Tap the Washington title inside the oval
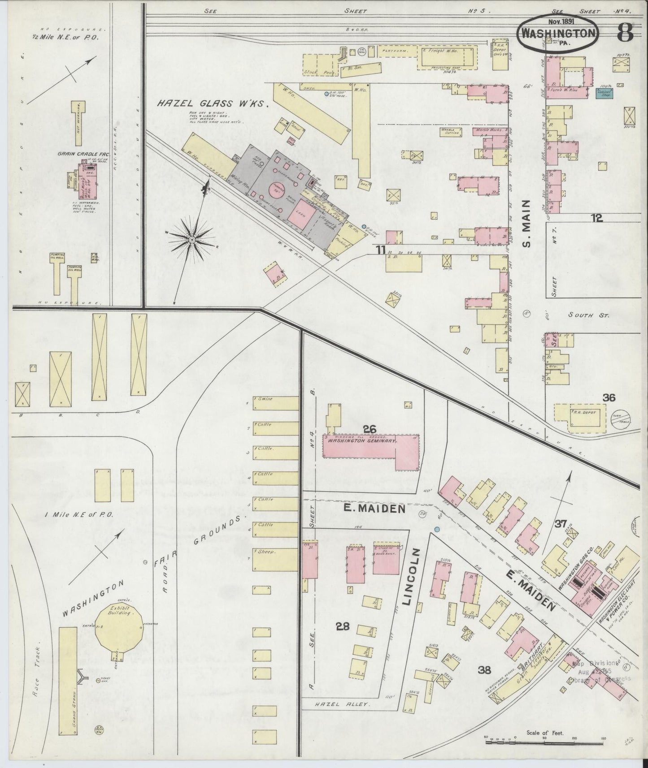(558, 33)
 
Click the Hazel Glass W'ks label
(212, 104)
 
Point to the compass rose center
(192, 240)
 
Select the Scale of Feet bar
(545, 742)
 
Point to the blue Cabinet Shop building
(605, 93)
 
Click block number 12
(596, 218)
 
